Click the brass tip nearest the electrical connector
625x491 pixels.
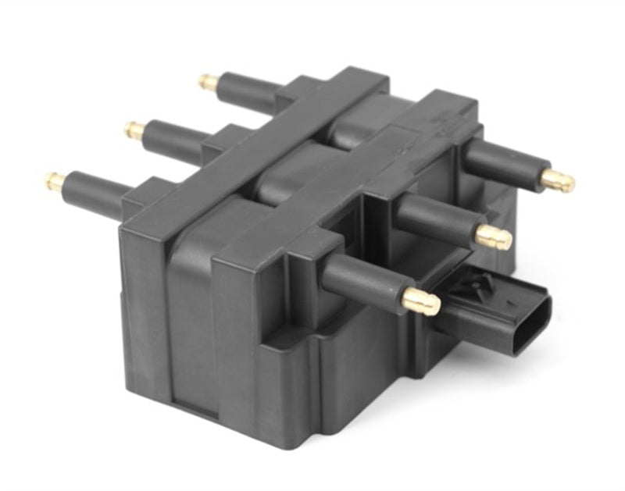[x=421, y=301]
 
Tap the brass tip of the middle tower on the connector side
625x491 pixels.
[x=494, y=237]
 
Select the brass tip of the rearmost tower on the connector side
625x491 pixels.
[x=558, y=181]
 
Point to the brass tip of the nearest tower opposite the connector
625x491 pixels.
[x=55, y=181]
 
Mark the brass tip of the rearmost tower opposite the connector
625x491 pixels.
[x=208, y=80]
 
